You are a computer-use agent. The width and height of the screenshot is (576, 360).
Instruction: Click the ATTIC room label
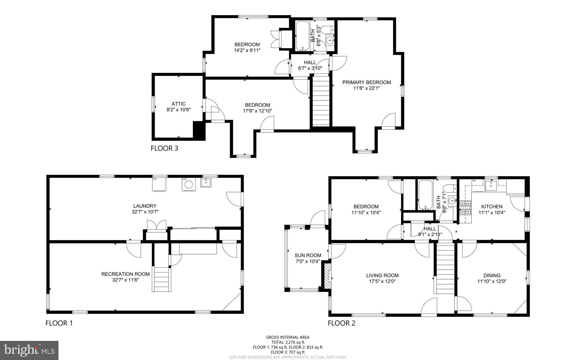point(179,104)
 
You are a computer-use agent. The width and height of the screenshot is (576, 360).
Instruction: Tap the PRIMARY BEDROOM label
point(366,82)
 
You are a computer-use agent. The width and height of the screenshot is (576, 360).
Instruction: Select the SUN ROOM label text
point(308,255)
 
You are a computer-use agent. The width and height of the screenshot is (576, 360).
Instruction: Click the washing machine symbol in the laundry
point(188,184)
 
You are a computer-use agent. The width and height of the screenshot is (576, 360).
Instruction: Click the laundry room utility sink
point(206,182)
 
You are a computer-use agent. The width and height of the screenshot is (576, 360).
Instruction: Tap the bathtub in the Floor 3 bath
point(302,36)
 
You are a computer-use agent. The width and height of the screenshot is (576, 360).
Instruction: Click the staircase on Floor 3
point(321,101)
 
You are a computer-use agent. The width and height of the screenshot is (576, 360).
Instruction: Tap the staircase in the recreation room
point(161,279)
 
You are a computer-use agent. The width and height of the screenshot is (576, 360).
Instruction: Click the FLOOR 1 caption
point(59,323)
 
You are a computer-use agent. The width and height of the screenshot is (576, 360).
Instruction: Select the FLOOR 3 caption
point(164,148)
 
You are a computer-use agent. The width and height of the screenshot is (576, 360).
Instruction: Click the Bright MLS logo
point(29,350)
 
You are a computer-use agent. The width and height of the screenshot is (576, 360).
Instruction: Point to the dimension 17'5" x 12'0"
point(382,281)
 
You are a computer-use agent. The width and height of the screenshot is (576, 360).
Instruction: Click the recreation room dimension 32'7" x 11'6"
point(125,280)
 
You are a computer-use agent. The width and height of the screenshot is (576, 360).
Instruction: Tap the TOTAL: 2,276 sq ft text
point(288,342)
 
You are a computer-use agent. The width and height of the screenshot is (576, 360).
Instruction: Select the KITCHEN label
point(492,207)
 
